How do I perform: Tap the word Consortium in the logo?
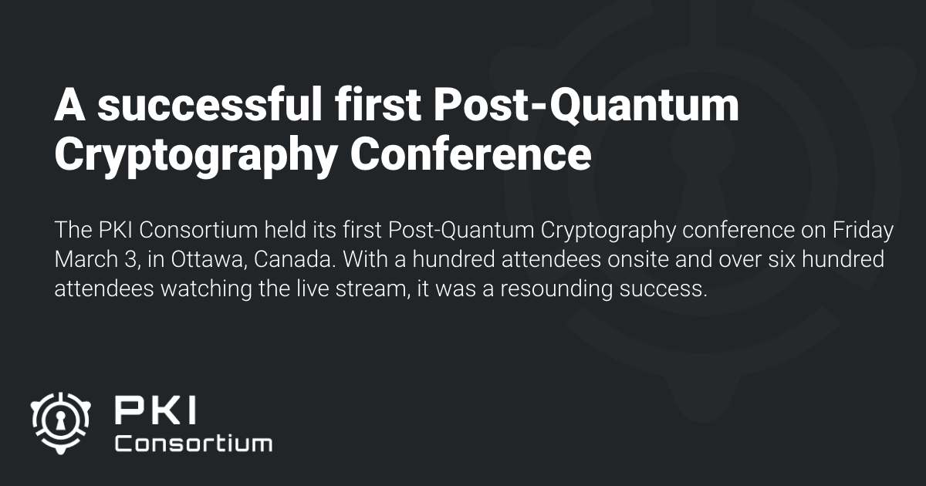pyautogui.click(x=193, y=444)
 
